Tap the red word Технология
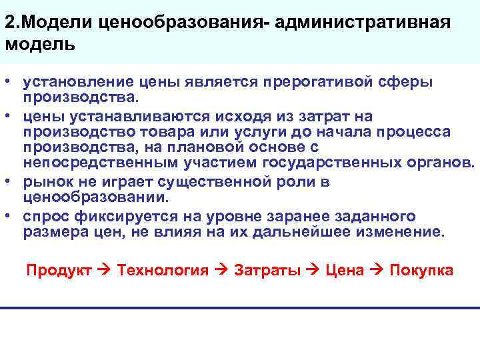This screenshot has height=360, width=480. click(x=163, y=270)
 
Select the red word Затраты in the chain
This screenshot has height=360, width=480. click(x=267, y=270)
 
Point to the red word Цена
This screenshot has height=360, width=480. click(x=345, y=270)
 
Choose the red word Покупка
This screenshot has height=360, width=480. click(x=421, y=270)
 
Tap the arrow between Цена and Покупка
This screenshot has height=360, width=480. click(x=377, y=270)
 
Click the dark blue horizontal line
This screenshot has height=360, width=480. click(x=240, y=307)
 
